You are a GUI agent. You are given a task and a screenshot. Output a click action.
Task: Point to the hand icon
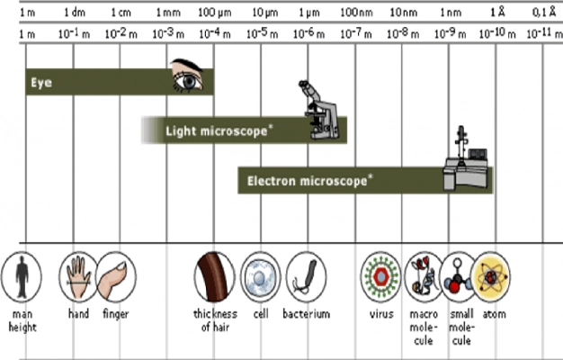click(77, 274)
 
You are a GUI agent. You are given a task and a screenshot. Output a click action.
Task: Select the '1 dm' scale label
click(75, 13)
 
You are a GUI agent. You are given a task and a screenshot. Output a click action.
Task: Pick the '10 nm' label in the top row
click(401, 13)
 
